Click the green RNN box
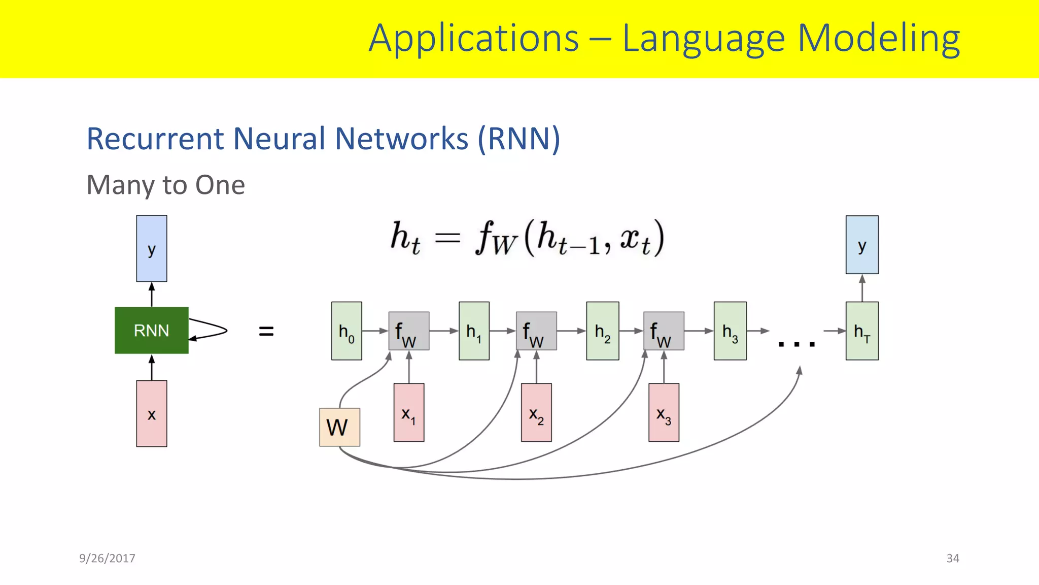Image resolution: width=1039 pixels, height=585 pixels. pyautogui.click(x=151, y=331)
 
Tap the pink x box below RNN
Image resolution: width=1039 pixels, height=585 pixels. pyautogui.click(x=151, y=413)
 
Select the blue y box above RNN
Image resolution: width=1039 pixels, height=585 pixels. pyautogui.click(x=151, y=248)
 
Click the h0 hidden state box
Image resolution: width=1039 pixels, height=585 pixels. pyautogui.click(x=347, y=331)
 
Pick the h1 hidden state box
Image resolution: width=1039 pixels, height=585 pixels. pyautogui.click(x=474, y=331)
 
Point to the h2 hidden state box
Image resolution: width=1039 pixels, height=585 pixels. pyautogui.click(x=602, y=331)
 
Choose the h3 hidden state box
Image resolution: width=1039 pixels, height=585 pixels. pyautogui.click(x=730, y=331)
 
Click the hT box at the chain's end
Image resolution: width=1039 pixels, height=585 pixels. pyautogui.click(x=862, y=331)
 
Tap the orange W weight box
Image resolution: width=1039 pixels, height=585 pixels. pyautogui.click(x=339, y=427)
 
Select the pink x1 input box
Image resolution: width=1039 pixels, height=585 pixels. pyautogui.click(x=409, y=412)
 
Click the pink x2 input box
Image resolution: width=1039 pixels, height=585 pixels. pyautogui.click(x=536, y=412)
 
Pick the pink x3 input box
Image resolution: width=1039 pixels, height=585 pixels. pyautogui.click(x=664, y=412)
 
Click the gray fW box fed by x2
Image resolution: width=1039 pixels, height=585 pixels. pyautogui.click(x=536, y=331)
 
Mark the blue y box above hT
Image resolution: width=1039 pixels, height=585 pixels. pyautogui.click(x=862, y=245)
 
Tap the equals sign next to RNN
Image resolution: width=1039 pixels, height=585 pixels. pyautogui.click(x=266, y=332)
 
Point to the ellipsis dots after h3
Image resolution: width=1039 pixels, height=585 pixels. pyautogui.click(x=796, y=344)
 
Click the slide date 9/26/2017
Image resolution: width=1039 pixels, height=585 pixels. pyautogui.click(x=107, y=558)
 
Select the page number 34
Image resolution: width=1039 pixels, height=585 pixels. pyautogui.click(x=953, y=558)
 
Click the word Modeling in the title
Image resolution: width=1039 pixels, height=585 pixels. pyautogui.click(x=879, y=39)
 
